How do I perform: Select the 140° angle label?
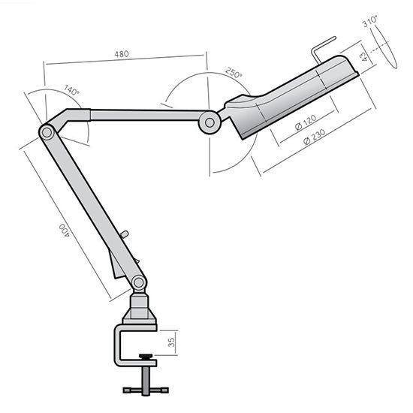click(71, 89)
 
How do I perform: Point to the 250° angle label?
click(233, 74)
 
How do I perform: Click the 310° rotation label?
click(369, 23)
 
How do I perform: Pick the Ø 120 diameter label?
click(306, 122)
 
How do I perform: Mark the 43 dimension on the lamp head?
click(363, 56)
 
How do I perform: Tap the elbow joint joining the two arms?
click(47, 132)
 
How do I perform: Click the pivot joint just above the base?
click(138, 282)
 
